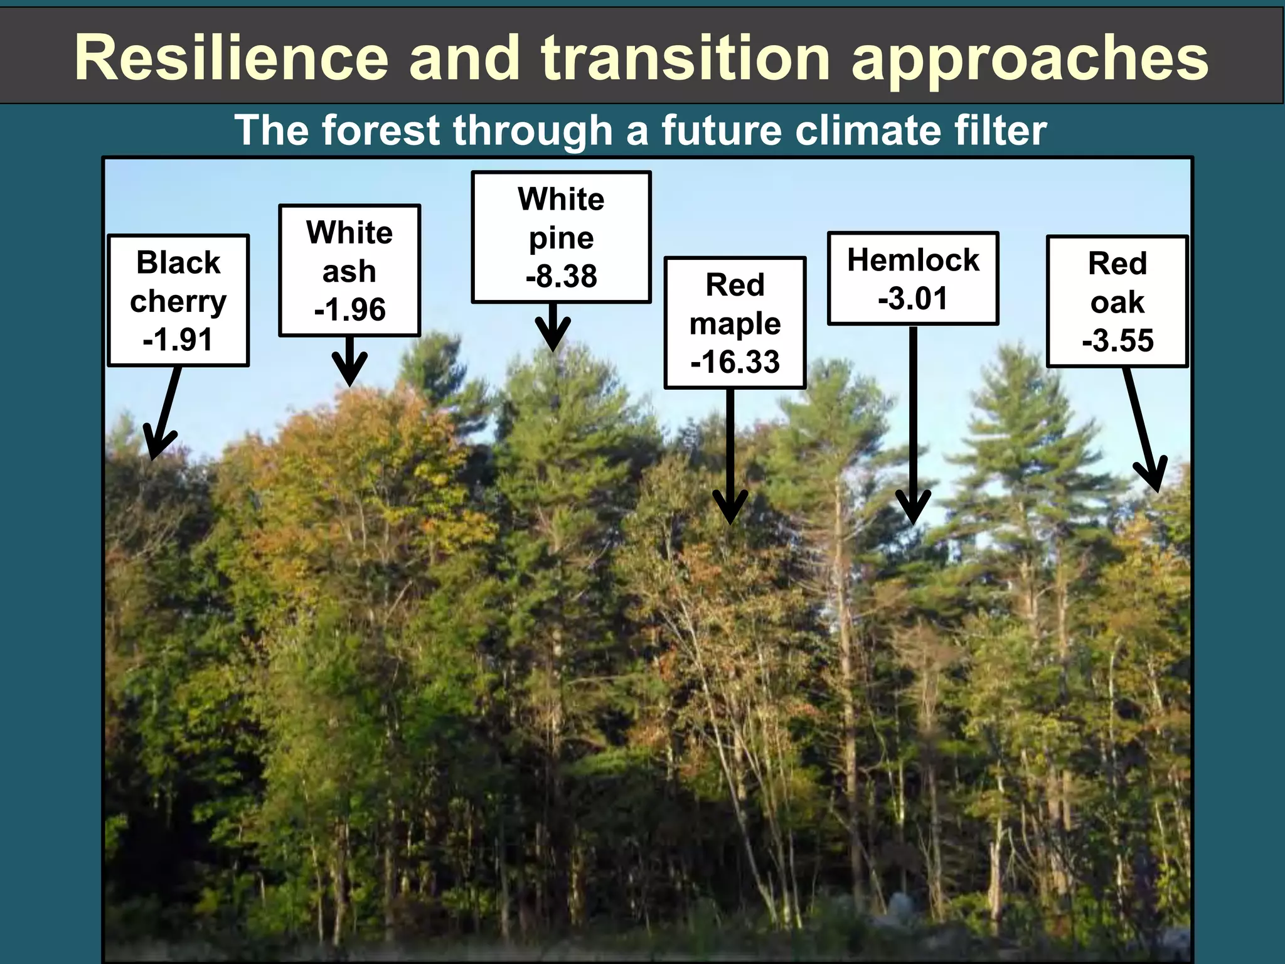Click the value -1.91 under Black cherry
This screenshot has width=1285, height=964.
(x=178, y=340)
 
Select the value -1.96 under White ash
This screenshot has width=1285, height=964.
(x=349, y=309)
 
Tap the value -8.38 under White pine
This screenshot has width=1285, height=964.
(x=561, y=276)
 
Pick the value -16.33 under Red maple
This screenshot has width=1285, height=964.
(x=735, y=361)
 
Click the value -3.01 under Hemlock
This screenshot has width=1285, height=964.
(x=912, y=297)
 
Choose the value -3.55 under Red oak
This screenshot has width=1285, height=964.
(x=1117, y=340)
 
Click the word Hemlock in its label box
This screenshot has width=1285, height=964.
(x=912, y=260)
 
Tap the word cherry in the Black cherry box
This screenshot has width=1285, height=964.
(x=178, y=302)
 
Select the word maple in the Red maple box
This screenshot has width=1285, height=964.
(x=735, y=324)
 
